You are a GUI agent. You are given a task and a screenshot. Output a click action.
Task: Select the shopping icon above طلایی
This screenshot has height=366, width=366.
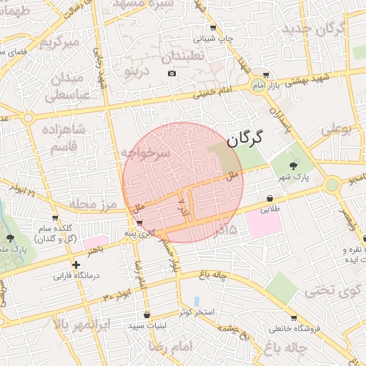(269, 199)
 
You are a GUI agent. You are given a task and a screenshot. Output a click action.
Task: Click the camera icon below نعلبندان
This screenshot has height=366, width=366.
(172, 74)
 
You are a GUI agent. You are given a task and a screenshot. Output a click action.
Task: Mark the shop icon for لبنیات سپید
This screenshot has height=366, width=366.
(147, 315)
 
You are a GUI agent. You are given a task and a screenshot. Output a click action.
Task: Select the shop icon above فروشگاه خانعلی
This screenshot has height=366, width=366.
(293, 318)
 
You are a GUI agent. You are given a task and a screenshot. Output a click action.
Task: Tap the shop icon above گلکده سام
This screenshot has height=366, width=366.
(55, 217)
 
